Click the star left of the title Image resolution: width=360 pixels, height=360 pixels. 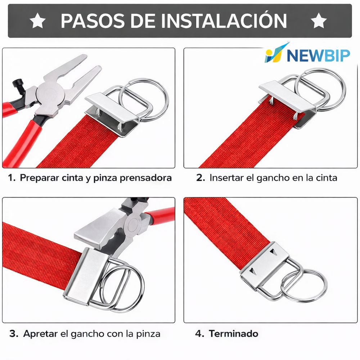click(38, 21)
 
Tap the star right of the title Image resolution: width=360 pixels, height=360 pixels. click(319, 21)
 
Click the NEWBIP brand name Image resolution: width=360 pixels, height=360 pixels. click(319, 55)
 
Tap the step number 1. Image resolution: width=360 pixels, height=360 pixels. click(12, 178)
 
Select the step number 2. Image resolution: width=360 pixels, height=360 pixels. click(200, 178)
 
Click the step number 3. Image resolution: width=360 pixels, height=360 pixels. click(14, 334)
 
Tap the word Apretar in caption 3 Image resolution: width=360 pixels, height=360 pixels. click(40, 334)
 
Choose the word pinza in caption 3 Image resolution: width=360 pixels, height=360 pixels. click(148, 334)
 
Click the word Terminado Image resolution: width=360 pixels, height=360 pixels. click(234, 334)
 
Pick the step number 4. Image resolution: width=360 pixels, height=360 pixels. click(199, 334)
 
